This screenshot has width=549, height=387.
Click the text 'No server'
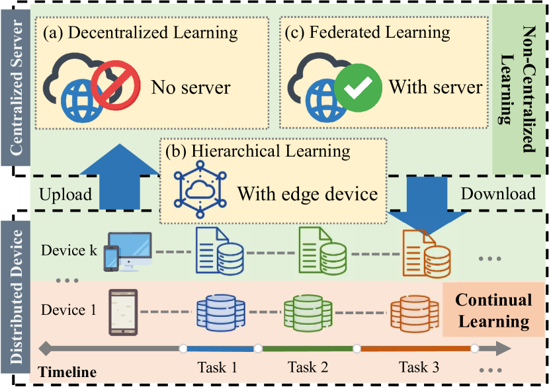tap(190, 87)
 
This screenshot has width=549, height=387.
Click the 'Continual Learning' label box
tap(493, 310)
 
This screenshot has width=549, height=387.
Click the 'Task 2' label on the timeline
tap(308, 366)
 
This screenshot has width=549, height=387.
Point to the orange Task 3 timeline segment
tap(415, 348)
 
